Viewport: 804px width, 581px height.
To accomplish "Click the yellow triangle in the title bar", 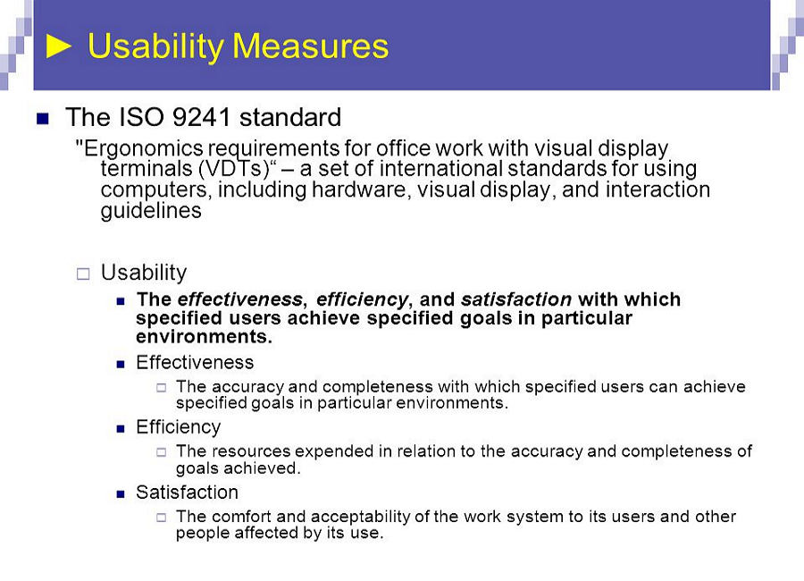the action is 58,46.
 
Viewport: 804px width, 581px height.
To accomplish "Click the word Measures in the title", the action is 311,46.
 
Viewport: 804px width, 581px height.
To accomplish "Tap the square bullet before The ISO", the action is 43,119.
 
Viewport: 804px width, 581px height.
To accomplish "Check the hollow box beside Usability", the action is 83,274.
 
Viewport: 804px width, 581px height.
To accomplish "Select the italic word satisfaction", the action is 515,299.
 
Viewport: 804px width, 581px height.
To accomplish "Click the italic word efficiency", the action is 362,299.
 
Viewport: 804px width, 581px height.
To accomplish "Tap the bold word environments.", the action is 204,337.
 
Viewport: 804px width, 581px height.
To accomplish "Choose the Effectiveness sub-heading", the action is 195,363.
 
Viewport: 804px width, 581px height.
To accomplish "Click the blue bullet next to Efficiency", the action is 121,428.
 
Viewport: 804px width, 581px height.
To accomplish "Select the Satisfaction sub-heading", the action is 187,493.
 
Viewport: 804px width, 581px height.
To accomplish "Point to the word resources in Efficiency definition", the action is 251,451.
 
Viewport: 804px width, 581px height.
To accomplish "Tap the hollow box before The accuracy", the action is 162,388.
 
